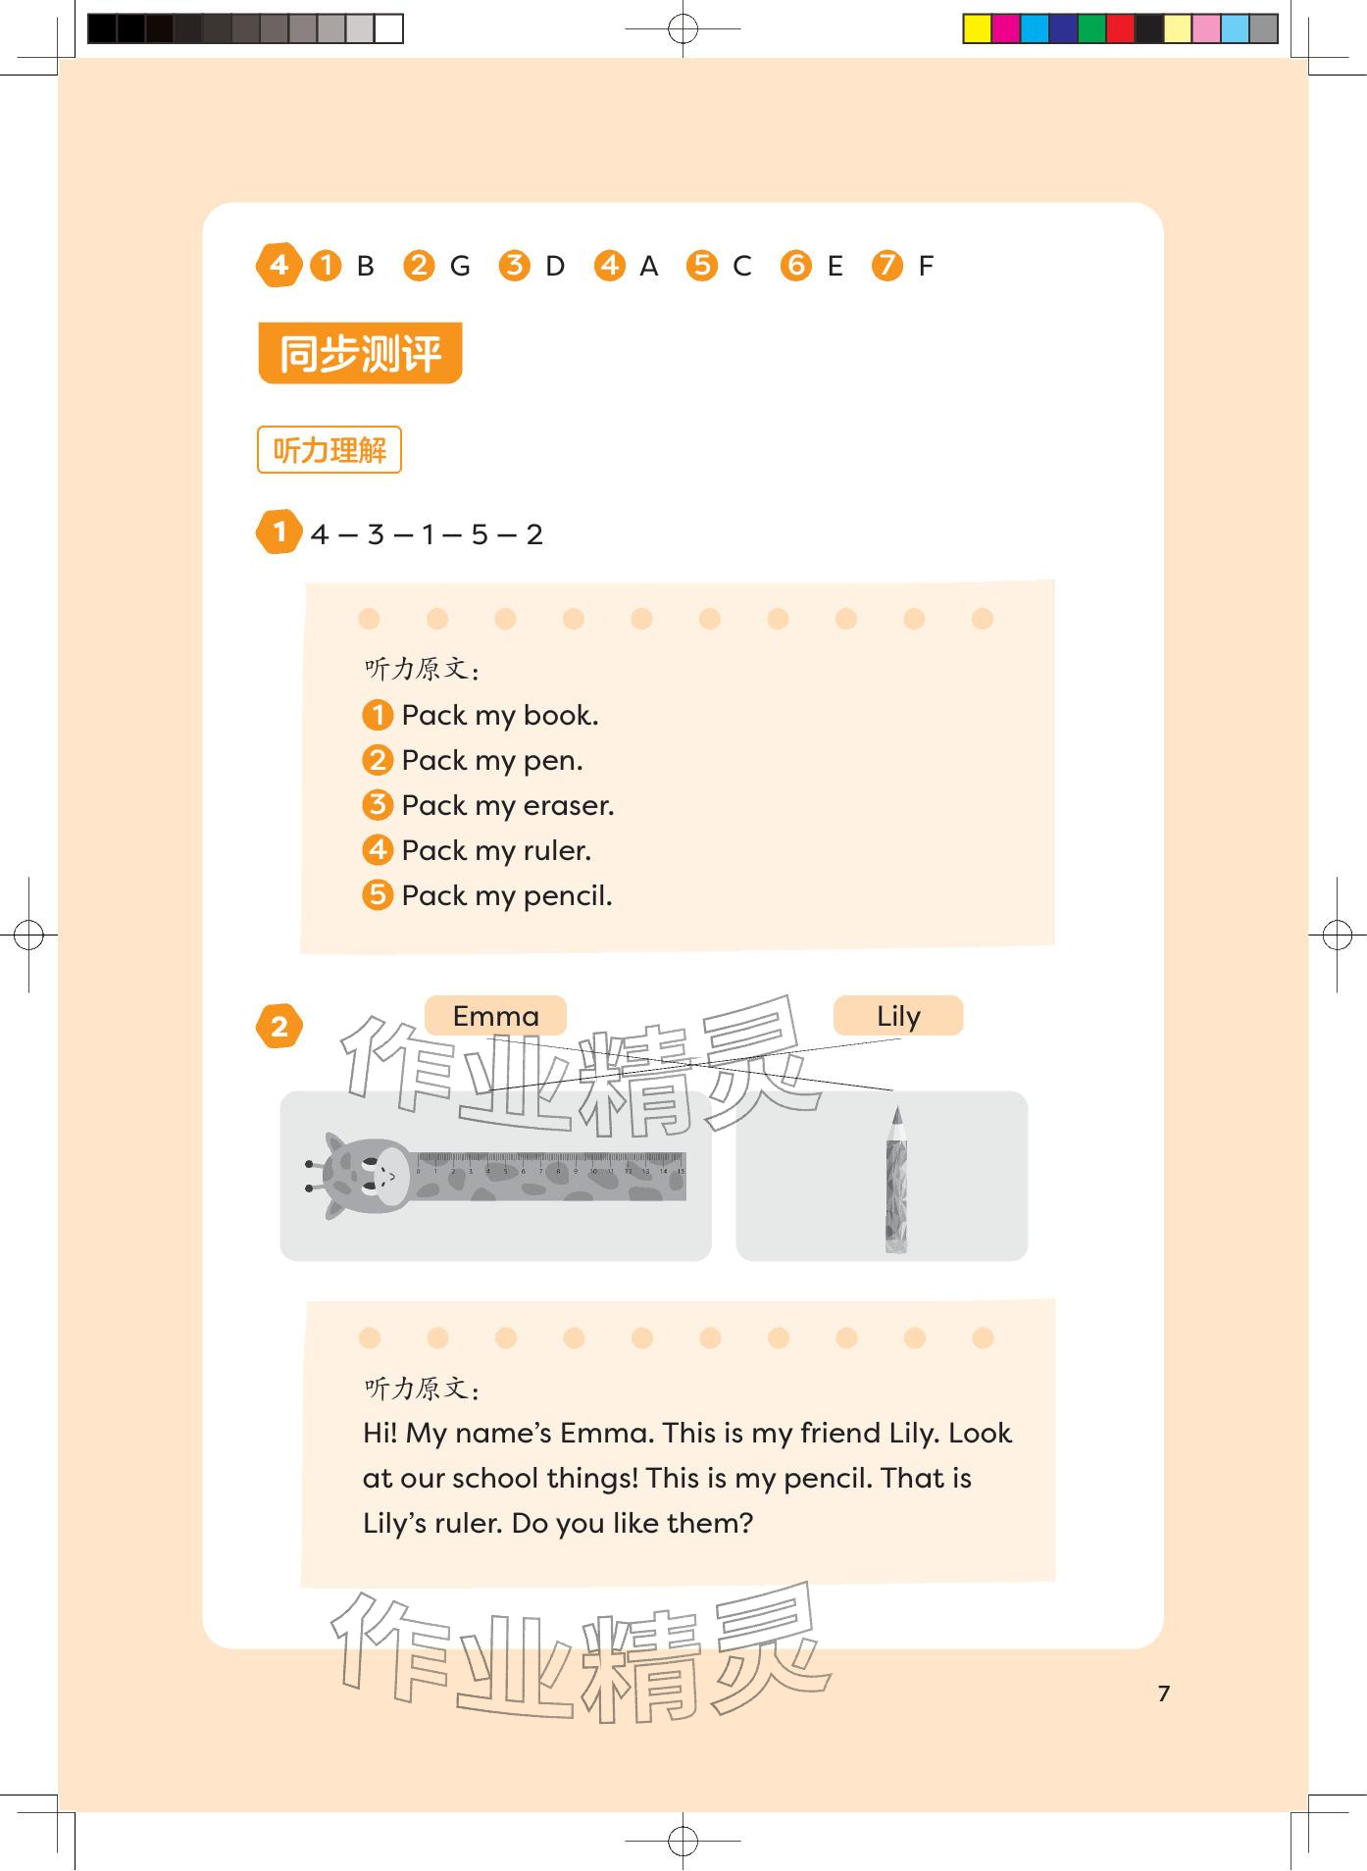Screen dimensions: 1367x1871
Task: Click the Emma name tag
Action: click(x=495, y=1016)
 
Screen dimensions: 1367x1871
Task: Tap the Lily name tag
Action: click(x=898, y=1016)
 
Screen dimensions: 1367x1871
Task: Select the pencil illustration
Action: click(x=896, y=1180)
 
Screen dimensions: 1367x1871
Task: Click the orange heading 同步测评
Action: click(x=360, y=353)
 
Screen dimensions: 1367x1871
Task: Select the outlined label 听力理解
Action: click(x=329, y=450)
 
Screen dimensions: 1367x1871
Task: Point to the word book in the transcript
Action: click(x=561, y=715)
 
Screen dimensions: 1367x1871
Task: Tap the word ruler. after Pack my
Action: click(x=557, y=850)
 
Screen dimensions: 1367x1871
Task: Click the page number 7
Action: click(x=1164, y=1694)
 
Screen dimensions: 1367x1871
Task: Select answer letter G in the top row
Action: click(x=460, y=266)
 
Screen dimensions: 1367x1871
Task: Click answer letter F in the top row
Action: click(x=926, y=266)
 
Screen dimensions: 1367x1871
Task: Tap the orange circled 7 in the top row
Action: click(x=887, y=265)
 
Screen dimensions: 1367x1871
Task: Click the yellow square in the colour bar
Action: click(x=977, y=28)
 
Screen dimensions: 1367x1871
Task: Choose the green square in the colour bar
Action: click(x=1091, y=28)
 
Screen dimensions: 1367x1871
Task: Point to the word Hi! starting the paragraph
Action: click(x=380, y=1434)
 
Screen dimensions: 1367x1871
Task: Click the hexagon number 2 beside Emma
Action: click(x=279, y=1027)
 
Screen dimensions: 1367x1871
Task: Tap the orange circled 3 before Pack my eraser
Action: click(x=378, y=805)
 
